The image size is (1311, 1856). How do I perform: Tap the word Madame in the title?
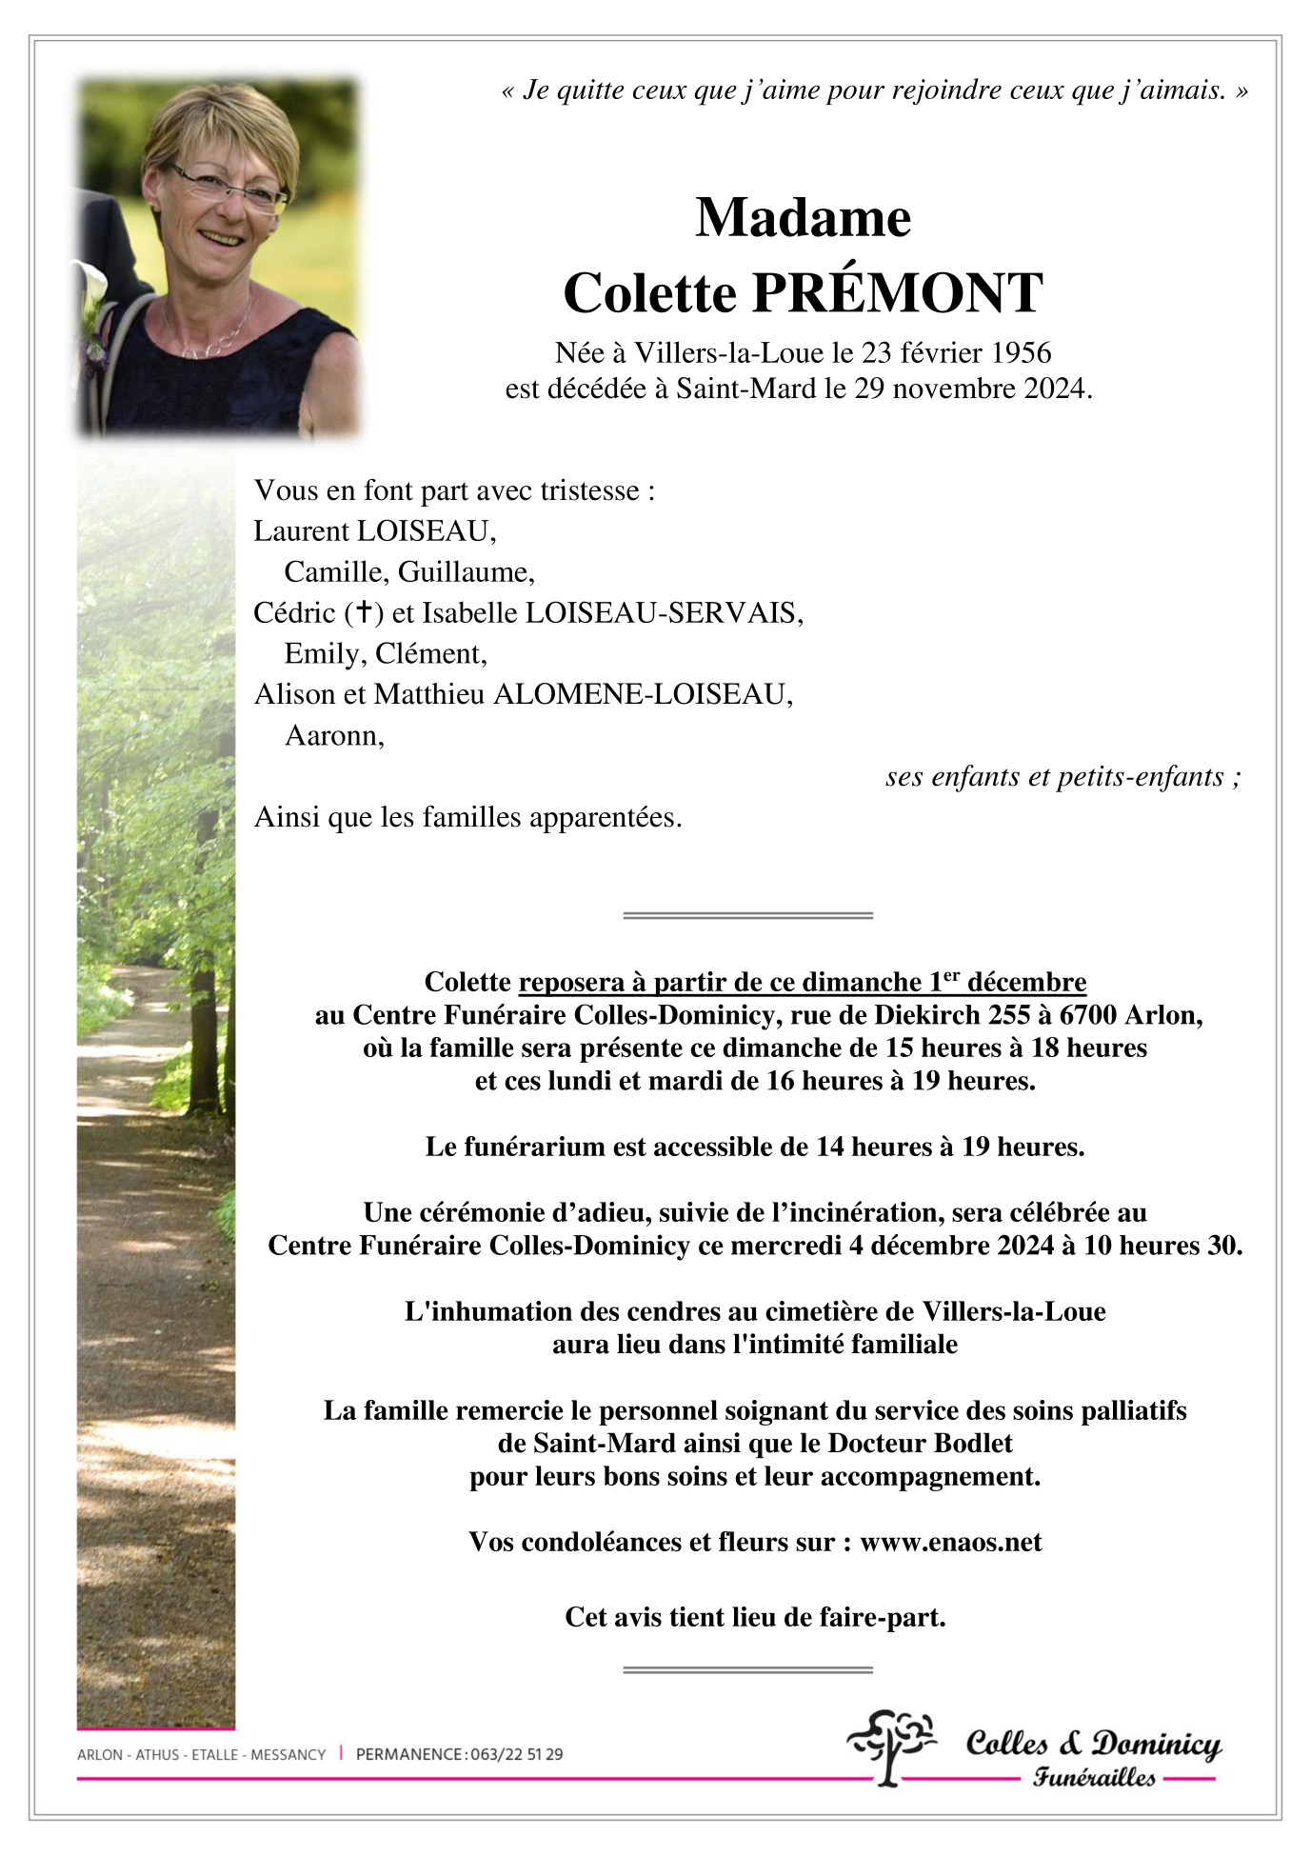[x=803, y=218]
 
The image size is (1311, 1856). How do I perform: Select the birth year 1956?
[x=1021, y=353]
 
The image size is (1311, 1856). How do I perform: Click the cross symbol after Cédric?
[x=363, y=612]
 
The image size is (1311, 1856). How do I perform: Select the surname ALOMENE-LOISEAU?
[x=641, y=695]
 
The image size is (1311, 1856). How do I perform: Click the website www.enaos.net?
[x=950, y=1543]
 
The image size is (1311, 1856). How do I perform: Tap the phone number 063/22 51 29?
[x=516, y=1754]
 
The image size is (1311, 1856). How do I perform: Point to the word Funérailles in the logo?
[x=1094, y=1777]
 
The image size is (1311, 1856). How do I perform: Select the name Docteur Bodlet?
[x=920, y=1444]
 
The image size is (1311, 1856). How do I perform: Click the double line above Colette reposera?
[x=747, y=915]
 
